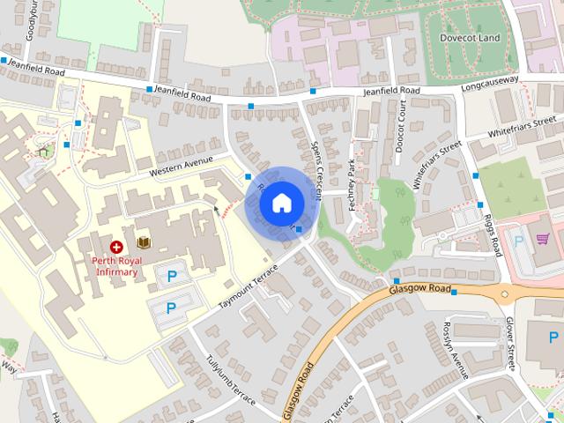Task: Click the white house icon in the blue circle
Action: click(x=281, y=204)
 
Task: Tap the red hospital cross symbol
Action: click(x=116, y=248)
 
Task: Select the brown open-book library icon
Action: click(x=143, y=242)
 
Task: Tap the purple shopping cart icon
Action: click(x=543, y=238)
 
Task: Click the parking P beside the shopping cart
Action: click(x=518, y=240)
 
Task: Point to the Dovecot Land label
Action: click(x=470, y=38)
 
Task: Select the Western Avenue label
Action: click(x=182, y=164)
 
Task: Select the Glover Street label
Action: click(x=510, y=344)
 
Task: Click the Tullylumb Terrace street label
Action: click(x=230, y=382)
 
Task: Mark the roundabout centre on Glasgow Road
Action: click(x=505, y=294)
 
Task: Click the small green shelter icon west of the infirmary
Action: click(x=44, y=151)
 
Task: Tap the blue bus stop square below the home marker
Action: click(x=300, y=230)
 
